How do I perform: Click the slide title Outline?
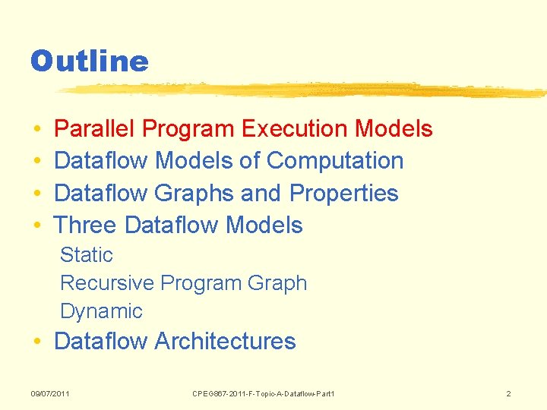tap(89, 61)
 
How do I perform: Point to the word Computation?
tap(335, 161)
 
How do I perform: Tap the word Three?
tap(85, 225)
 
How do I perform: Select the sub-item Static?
tap(86, 255)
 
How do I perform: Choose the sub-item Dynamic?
tap(101, 311)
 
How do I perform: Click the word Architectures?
tap(225, 342)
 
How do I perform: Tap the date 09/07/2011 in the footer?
tap(50, 393)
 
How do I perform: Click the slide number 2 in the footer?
tap(508, 393)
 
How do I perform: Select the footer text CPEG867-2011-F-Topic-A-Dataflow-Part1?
tap(264, 393)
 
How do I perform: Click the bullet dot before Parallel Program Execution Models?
tap(37, 130)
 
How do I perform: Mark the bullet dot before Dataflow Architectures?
tap(37, 342)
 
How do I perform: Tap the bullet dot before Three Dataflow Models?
tap(37, 226)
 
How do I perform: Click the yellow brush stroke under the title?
tap(304, 90)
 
